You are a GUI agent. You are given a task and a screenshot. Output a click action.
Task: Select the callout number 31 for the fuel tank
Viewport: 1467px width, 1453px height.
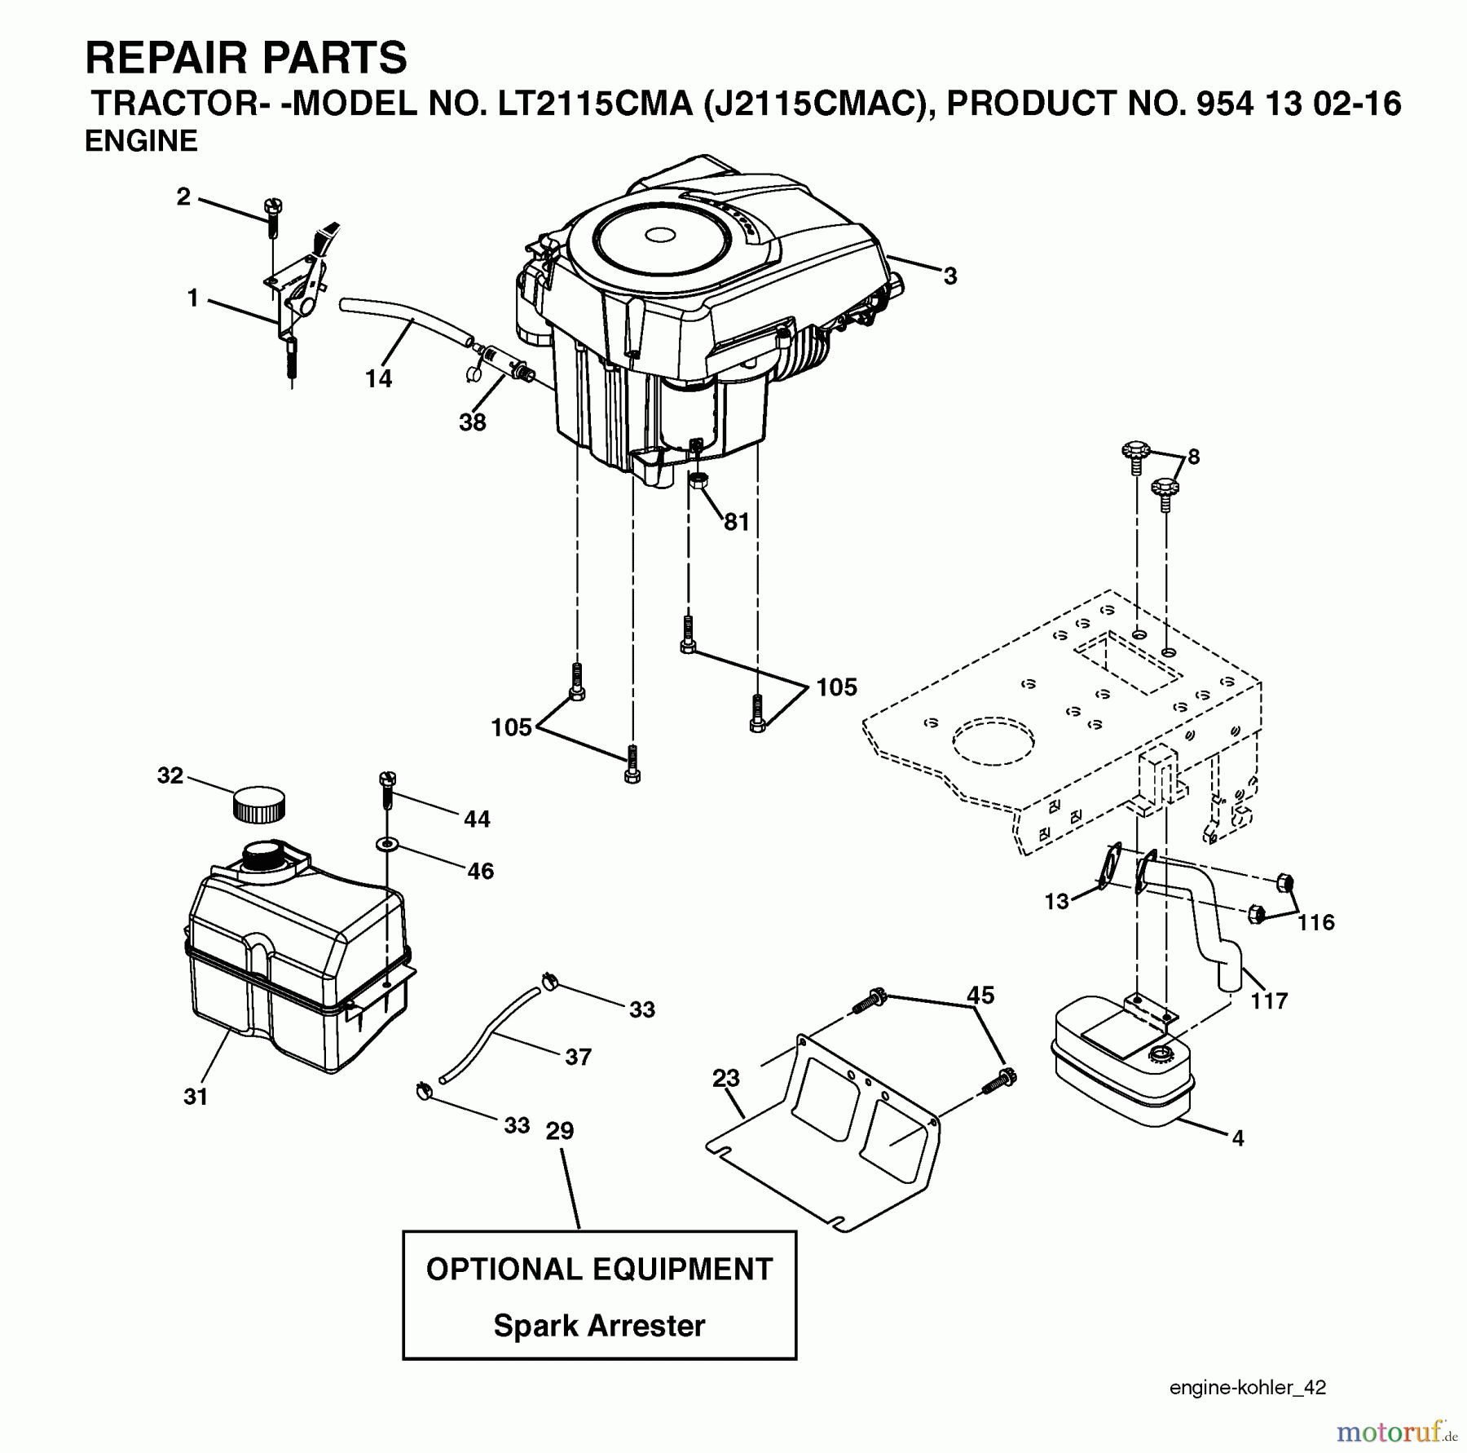(x=196, y=1097)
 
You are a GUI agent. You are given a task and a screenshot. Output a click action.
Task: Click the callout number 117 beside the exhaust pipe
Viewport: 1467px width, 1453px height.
(x=1269, y=1000)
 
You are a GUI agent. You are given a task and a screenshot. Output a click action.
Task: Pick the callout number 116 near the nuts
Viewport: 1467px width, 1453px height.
(x=1315, y=922)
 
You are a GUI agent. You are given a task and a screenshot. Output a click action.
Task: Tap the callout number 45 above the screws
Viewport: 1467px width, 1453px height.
(x=980, y=995)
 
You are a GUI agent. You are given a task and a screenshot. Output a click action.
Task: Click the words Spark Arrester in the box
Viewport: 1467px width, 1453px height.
(x=599, y=1325)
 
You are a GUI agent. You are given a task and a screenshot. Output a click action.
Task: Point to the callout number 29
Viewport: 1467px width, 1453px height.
(x=560, y=1131)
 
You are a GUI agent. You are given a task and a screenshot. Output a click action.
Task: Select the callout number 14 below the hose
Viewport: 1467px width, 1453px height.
(x=378, y=378)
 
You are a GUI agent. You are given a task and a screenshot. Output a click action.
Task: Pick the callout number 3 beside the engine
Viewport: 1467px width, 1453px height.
(x=949, y=276)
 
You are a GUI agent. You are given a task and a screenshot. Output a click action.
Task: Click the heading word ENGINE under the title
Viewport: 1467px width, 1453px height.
(x=141, y=141)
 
